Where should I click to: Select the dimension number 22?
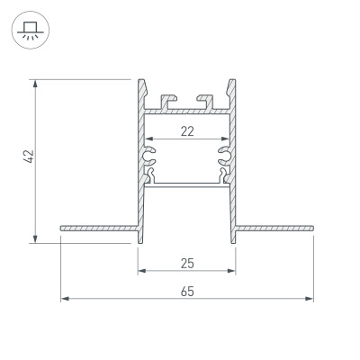pyautogui.click(x=186, y=131)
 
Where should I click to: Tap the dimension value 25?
pyautogui.click(x=186, y=263)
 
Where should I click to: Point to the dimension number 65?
pyautogui.click(x=186, y=292)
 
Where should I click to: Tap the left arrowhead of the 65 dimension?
pyautogui.click(x=64, y=299)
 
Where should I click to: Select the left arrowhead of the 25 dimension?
pyautogui.click(x=141, y=270)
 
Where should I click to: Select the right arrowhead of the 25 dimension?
pyautogui.click(x=231, y=270)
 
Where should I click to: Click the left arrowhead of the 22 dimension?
pyautogui.click(x=149, y=139)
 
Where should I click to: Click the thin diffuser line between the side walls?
pyautogui.click(x=186, y=183)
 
